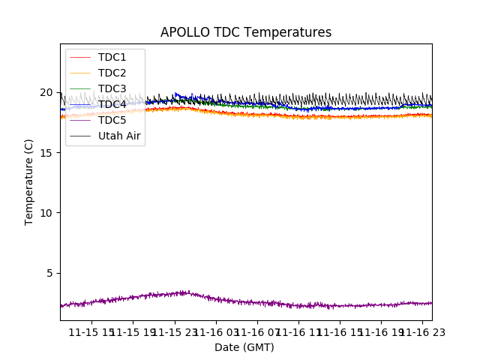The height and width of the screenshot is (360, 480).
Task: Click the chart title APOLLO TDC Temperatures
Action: pyautogui.click(x=245, y=32)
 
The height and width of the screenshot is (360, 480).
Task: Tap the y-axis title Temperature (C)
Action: pyautogui.click(x=29, y=182)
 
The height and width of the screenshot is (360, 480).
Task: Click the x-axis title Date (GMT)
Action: pyautogui.click(x=244, y=347)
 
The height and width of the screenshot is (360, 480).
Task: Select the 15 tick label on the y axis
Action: pyautogui.click(x=46, y=153)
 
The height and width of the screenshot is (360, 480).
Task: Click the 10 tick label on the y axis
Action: pyautogui.click(x=46, y=213)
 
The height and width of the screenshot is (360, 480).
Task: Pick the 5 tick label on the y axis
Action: pyautogui.click(x=49, y=273)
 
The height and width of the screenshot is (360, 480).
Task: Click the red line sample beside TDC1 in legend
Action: pyautogui.click(x=80, y=58)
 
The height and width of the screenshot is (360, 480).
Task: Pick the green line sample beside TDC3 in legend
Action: pyautogui.click(x=80, y=89)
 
